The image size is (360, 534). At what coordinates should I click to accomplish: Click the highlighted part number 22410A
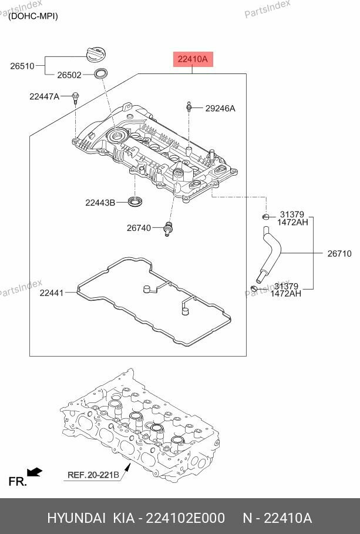pos(193,59)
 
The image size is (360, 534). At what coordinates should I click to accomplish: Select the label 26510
pos(22,66)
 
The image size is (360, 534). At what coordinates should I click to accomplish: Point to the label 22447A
pos(45,96)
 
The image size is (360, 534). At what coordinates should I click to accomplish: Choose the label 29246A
pos(220,108)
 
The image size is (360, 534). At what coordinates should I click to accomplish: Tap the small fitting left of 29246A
pos(189,108)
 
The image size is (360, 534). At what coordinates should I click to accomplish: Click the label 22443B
pos(100,203)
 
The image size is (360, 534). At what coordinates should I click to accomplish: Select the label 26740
pos(139,227)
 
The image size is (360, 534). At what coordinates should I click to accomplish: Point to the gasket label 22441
pos(52,292)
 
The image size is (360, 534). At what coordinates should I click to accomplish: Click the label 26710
pos(339,254)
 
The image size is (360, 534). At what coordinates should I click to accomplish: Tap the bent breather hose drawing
pos(271,253)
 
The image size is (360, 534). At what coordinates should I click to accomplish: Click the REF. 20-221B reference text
pos(93,475)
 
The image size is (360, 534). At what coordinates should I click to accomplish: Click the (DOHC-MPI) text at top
pos(33,16)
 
